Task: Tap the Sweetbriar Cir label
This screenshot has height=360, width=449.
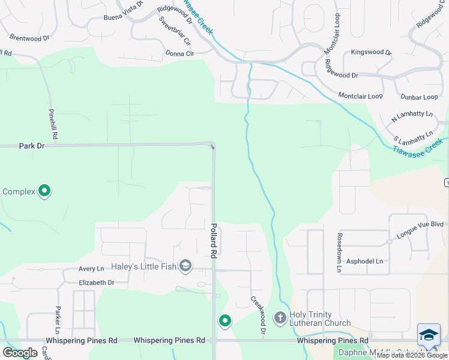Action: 175,32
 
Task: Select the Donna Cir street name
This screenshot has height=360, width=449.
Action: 179,53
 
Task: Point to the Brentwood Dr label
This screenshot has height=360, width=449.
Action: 29,38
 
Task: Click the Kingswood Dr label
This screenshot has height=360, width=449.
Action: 371,52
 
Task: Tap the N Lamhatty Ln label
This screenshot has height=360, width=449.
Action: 412,116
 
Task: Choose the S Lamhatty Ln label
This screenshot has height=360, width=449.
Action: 414,136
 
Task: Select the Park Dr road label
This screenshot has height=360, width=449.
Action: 32,145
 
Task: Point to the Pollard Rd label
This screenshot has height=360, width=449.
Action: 214,241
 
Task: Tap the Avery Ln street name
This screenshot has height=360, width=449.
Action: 91,269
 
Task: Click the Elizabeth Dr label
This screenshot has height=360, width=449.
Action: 96,282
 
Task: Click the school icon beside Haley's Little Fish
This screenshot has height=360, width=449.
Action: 185,266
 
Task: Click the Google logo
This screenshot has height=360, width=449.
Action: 20,352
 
